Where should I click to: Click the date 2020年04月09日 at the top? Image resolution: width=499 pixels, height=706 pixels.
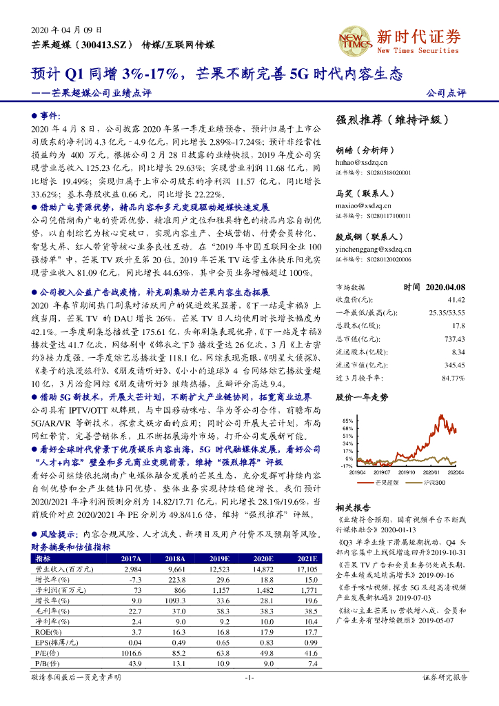[x=67, y=30]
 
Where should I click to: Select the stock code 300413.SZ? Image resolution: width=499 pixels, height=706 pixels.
[x=97, y=44]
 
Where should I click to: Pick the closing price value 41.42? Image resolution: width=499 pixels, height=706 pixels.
[x=456, y=300]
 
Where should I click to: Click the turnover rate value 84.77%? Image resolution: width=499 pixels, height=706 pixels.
[x=453, y=378]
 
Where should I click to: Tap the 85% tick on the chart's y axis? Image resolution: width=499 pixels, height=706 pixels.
[x=346, y=420]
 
